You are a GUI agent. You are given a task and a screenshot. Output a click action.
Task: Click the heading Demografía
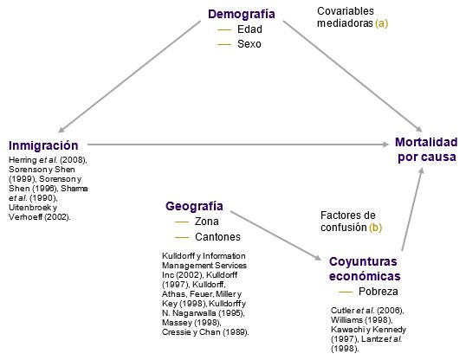tap(242, 14)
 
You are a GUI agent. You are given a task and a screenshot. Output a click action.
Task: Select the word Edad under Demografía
tap(249, 29)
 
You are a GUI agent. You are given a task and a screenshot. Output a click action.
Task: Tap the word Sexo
tap(249, 44)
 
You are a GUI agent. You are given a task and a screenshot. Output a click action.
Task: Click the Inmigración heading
tap(43, 145)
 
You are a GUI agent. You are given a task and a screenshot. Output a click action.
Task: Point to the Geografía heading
tap(194, 206)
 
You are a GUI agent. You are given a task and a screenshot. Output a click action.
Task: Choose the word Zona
tap(207, 222)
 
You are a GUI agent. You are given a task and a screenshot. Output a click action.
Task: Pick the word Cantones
tap(218, 237)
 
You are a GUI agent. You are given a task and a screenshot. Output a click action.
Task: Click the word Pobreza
tap(378, 292)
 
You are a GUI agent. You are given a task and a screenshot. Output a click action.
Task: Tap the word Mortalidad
tap(426, 142)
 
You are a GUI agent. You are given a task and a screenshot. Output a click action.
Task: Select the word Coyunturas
tap(363, 261)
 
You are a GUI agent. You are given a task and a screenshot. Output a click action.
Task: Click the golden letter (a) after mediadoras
tap(382, 23)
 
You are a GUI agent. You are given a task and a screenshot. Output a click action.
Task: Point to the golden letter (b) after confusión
tap(376, 228)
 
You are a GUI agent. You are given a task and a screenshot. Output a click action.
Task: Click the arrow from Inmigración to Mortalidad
tap(238, 145)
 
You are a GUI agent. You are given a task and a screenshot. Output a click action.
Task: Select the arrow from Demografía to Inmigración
tap(130, 76)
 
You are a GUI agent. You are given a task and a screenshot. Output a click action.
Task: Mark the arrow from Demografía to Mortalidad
tap(353, 76)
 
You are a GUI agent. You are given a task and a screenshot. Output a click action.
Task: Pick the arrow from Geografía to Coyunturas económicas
tap(276, 236)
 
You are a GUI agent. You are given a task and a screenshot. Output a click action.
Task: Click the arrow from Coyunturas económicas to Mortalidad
tap(412, 209)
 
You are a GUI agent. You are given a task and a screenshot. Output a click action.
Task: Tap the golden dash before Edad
tap(224, 29)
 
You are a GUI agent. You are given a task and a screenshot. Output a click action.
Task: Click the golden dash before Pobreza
tap(346, 292)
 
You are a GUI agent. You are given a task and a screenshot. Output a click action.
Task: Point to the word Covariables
tap(346, 11)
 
